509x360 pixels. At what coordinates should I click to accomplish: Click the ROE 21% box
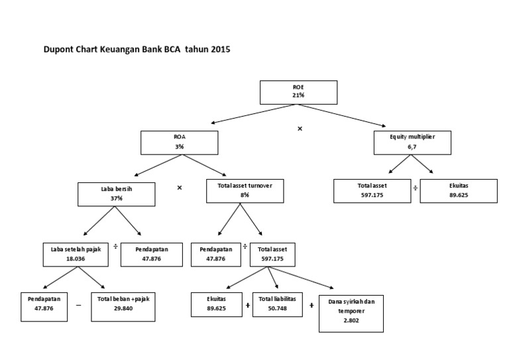(x=298, y=91)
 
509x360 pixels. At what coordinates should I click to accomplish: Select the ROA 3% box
(x=179, y=141)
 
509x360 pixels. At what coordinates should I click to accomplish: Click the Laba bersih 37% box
(x=117, y=193)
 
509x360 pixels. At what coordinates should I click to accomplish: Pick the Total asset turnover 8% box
(x=245, y=191)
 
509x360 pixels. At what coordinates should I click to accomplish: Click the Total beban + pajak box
(x=123, y=304)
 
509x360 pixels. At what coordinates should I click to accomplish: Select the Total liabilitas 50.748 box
(x=278, y=304)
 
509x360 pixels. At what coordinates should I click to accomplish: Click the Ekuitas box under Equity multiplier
(x=458, y=190)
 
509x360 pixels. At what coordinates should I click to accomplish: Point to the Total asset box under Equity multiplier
(x=371, y=190)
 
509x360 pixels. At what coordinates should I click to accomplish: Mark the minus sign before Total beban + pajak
(x=78, y=306)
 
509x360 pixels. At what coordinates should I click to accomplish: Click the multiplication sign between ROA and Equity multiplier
(x=300, y=129)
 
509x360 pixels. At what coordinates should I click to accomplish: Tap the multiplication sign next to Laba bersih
(x=180, y=188)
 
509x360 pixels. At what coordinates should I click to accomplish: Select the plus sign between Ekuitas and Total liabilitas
(x=247, y=306)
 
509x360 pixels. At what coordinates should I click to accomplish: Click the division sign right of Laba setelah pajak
(x=115, y=247)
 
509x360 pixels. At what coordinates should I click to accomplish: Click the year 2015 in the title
(x=221, y=49)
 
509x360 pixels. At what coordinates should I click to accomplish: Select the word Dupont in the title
(x=58, y=49)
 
